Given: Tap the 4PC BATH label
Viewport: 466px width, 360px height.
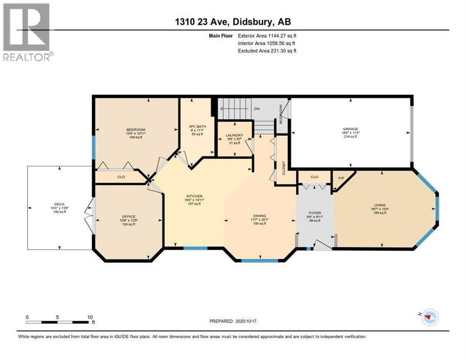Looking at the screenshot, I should [195, 126].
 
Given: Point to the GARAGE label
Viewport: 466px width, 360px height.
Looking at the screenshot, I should [351, 128].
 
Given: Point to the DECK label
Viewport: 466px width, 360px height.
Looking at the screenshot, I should [59, 204].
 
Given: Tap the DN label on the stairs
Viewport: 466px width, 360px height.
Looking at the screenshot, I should [256, 109].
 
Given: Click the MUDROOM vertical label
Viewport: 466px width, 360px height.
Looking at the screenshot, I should [281, 113].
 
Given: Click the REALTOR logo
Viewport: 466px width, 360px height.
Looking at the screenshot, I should [27, 32].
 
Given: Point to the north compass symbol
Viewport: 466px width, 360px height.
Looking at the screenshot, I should [427, 317].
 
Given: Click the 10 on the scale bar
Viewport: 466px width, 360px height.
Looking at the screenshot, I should [89, 317].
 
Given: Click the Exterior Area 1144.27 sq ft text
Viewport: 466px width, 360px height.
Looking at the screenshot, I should [267, 35].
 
